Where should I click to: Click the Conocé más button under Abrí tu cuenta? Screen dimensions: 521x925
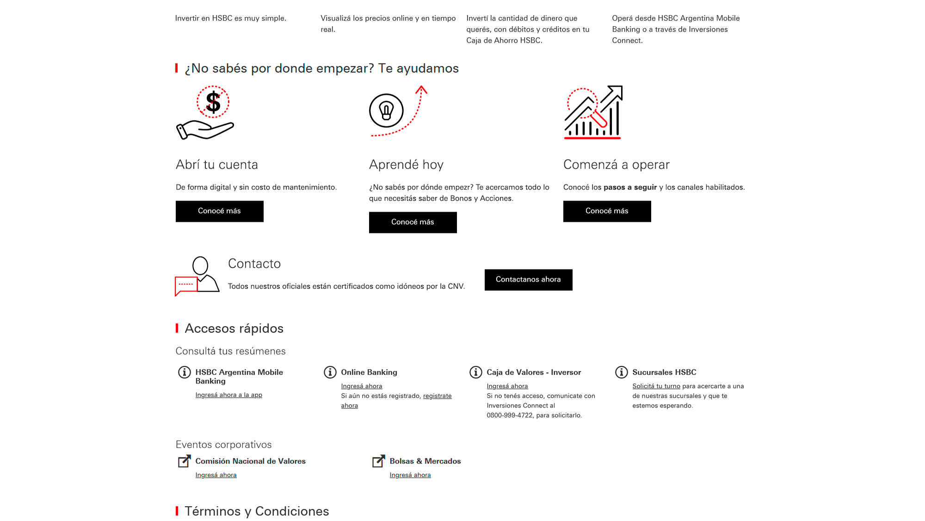click(219, 211)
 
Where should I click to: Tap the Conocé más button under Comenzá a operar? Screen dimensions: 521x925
click(607, 211)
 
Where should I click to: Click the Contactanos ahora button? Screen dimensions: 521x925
click(528, 280)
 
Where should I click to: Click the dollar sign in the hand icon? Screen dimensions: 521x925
click(213, 102)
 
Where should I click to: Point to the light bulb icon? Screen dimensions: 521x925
click(386, 111)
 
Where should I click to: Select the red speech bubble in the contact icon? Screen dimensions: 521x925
click(186, 284)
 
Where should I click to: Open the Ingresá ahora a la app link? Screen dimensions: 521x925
click(228, 395)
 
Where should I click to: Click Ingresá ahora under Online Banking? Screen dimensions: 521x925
click(361, 386)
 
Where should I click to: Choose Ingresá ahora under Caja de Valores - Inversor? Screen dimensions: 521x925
click(507, 386)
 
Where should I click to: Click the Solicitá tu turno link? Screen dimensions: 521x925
click(656, 386)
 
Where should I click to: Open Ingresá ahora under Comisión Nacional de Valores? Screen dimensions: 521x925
click(216, 475)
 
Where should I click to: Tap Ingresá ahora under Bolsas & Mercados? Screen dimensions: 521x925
click(410, 475)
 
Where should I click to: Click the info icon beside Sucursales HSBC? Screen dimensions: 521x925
click(621, 372)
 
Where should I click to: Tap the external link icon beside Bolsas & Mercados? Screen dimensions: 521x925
click(378, 461)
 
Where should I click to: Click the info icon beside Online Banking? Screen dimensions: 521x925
click(330, 372)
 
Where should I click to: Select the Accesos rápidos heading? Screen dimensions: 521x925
click(234, 328)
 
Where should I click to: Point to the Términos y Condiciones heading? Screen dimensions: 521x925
click(257, 511)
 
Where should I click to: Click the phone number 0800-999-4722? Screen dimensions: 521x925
click(510, 415)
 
